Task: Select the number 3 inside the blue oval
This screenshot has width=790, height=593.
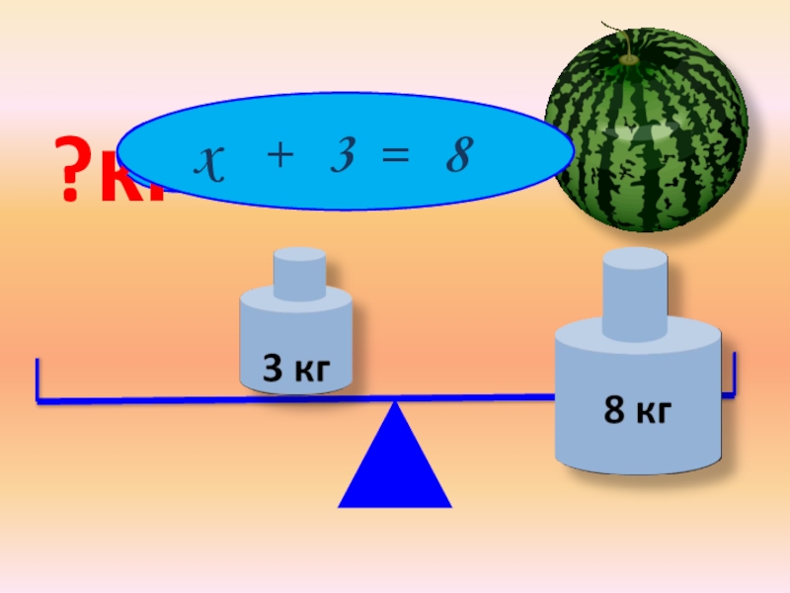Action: tap(343, 156)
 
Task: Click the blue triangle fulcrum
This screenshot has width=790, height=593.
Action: tap(395, 465)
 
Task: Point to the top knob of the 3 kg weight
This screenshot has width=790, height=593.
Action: tap(299, 272)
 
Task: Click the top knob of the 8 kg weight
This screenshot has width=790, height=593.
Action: tap(634, 287)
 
